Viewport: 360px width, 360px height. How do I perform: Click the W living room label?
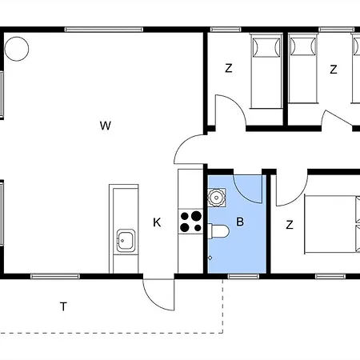106,126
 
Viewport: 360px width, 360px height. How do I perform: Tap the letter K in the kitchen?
157,222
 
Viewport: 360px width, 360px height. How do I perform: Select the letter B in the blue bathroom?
240,222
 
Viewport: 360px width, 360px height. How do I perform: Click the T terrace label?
63,306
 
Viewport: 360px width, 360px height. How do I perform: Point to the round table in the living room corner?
17,49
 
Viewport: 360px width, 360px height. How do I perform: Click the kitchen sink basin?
126,240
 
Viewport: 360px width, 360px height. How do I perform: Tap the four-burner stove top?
190,221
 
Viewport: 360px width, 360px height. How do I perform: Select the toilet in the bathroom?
218,231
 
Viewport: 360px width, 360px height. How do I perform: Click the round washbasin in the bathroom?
217,198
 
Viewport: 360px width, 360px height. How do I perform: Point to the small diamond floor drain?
210,258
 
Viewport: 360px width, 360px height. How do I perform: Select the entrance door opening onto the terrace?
158,294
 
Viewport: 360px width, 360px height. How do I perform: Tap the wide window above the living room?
104,30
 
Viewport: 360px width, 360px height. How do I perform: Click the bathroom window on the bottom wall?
243,276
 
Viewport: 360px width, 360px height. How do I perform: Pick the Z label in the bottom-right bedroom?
290,225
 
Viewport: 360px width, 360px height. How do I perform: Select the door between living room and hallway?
190,150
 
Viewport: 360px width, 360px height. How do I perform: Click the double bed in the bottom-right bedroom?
332,224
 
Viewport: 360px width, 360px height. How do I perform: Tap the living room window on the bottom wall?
55,276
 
